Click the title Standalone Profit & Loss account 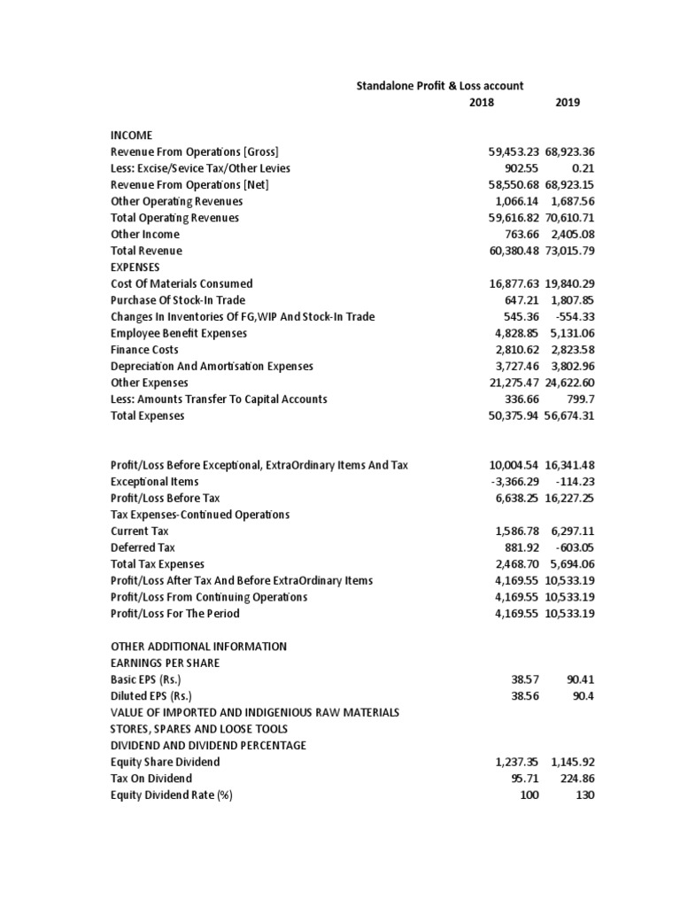439,86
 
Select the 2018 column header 482,103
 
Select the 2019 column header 568,103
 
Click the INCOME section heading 131,136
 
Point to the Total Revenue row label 146,251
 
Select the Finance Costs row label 144,350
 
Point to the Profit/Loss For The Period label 174,613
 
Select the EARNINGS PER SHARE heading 166,663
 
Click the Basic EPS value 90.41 580,679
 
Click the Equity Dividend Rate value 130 584,795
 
